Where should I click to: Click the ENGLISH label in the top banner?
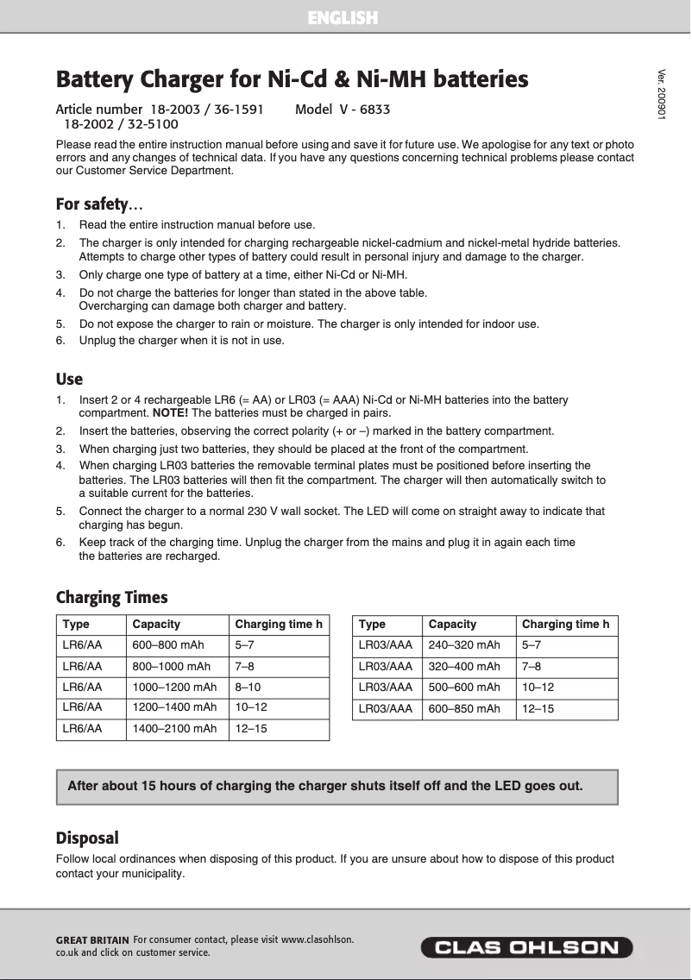pyautogui.click(x=343, y=17)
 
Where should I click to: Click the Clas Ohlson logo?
pyautogui.click(x=526, y=948)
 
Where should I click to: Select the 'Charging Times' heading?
pyautogui.click(x=111, y=597)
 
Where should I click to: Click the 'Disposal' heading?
pyautogui.click(x=87, y=838)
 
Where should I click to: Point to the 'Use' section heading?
pyautogui.click(x=69, y=379)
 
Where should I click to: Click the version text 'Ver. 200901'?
pyautogui.click(x=662, y=93)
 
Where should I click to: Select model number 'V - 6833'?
pyautogui.click(x=343, y=110)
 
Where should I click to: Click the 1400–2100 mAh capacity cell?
pyautogui.click(x=175, y=729)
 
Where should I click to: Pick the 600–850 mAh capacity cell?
pyautogui.click(x=464, y=708)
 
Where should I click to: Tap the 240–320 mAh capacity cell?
pyautogui.click(x=464, y=644)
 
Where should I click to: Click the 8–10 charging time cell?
pyautogui.click(x=248, y=687)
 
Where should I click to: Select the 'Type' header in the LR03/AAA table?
pyautogui.click(x=372, y=624)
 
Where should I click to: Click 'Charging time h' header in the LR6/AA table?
pyautogui.click(x=279, y=624)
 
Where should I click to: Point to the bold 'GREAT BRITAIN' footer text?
pyautogui.click(x=92, y=939)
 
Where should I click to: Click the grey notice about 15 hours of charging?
pyautogui.click(x=337, y=786)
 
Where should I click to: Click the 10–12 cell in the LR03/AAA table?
pyautogui.click(x=538, y=687)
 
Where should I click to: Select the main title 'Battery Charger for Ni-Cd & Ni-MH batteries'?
pyautogui.click(x=292, y=79)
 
